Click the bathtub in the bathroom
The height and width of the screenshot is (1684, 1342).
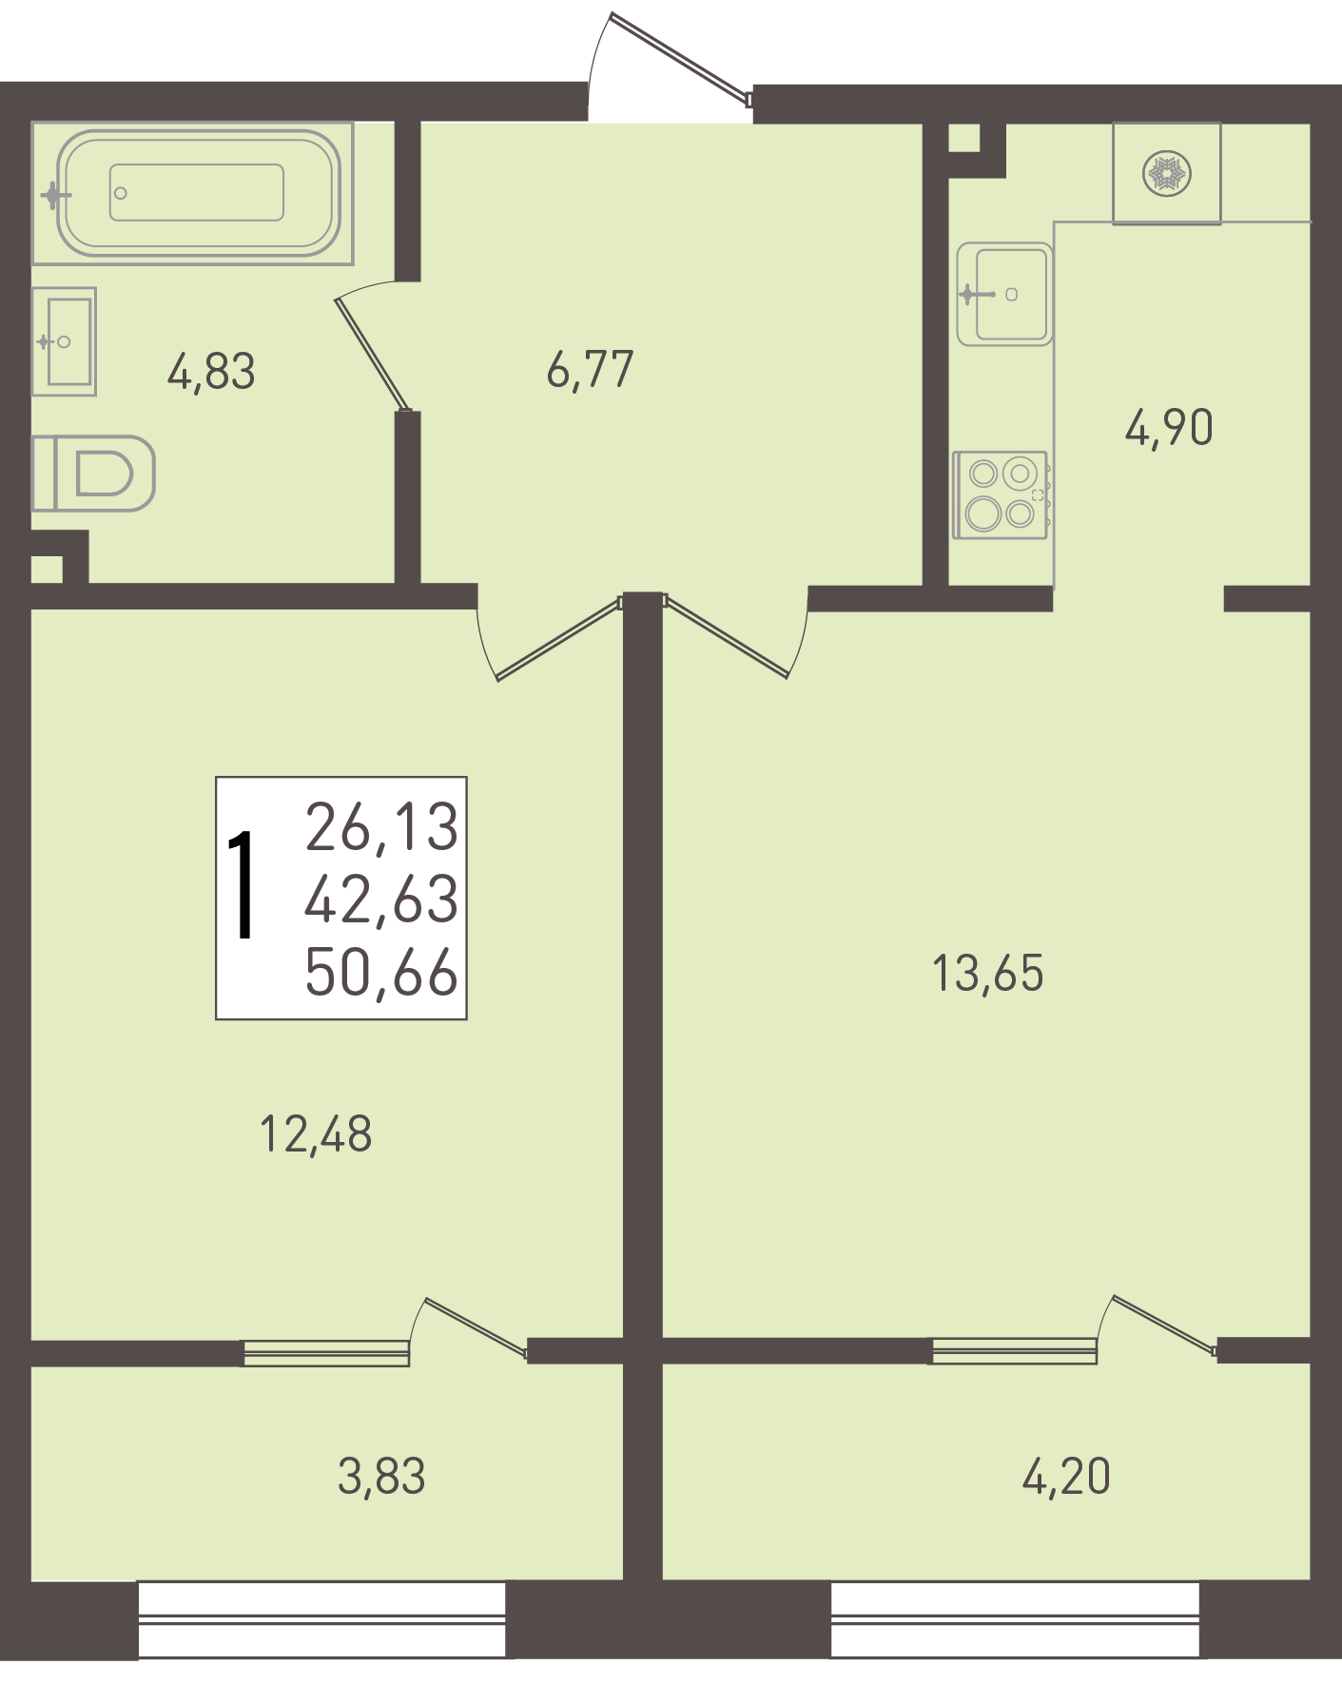[193, 192]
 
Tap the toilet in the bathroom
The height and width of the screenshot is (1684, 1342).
[93, 474]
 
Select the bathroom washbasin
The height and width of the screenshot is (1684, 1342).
[64, 341]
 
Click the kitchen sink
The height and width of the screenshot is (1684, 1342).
[1004, 294]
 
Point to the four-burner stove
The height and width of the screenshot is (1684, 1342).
[1001, 495]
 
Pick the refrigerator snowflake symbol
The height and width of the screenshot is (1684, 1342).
[1167, 174]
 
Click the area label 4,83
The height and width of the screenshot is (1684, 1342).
[211, 372]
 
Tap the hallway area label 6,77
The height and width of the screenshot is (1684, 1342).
[590, 370]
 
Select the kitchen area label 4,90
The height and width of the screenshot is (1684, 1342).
[1169, 428]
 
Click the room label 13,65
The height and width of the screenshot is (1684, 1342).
[988, 974]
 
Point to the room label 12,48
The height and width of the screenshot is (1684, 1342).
[316, 1134]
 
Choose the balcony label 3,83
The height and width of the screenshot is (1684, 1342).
[381, 1477]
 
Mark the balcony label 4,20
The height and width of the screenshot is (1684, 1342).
[1066, 1477]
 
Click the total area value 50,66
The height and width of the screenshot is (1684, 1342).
[381, 973]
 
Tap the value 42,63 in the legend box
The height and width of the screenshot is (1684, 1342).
[381, 900]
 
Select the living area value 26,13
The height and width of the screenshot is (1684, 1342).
[381, 826]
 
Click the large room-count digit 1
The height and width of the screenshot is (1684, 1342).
[243, 884]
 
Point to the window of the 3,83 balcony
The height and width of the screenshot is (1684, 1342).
[321, 1619]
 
